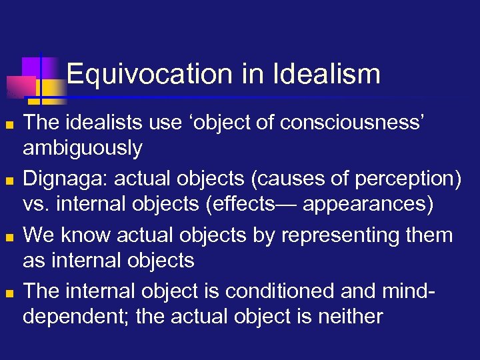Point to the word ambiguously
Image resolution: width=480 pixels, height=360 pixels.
point(82,147)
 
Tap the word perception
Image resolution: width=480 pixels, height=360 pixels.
point(397,179)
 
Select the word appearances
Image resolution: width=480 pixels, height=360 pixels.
point(367,203)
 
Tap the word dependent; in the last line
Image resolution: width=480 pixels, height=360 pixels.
point(76,315)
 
